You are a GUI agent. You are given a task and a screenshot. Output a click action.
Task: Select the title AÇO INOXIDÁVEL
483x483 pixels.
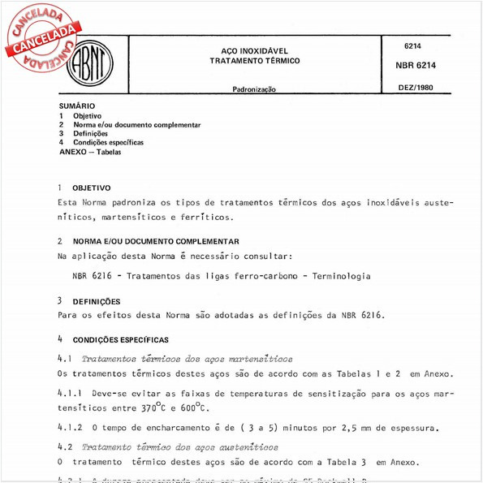[254, 50]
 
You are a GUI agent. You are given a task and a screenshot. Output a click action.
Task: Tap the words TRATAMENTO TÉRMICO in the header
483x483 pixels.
[254, 61]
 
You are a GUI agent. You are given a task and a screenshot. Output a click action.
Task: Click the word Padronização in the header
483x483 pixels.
[254, 88]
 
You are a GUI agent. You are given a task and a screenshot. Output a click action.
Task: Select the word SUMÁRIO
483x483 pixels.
[77, 106]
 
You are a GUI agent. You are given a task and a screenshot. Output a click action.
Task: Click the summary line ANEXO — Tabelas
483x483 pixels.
[89, 152]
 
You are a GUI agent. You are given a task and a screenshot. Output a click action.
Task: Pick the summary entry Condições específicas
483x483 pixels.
[108, 142]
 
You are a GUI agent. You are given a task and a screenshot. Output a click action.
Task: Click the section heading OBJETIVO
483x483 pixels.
[92, 188]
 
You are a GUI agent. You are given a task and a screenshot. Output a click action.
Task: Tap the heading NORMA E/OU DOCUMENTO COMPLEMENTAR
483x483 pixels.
[156, 241]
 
